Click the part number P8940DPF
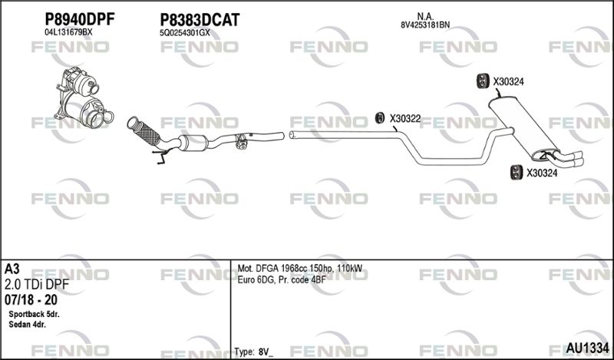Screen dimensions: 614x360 pos(80,19)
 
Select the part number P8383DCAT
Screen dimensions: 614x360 pos(200,20)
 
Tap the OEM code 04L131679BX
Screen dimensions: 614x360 pos(68,32)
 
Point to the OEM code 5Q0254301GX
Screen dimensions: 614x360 pos(185,33)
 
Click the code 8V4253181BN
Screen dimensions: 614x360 pos(425,25)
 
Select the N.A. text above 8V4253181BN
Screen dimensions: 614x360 pos(425,16)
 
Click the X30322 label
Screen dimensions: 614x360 pos(405,118)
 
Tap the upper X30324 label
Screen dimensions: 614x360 pos(508,82)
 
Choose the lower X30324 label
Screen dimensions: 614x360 pos(542,173)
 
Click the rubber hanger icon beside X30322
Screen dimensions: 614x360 pos(379,117)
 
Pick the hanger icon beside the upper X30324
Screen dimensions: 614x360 pos(482,81)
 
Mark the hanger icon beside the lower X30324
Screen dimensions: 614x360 pos(517,173)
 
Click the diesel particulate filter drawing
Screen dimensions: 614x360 pos(84,97)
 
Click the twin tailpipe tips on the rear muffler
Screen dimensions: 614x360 pos(570,158)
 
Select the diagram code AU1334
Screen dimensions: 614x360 pos(587,348)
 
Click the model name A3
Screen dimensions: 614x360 pos(12,269)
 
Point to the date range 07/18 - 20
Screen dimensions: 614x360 pos(31,300)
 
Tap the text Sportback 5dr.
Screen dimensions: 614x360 pos(34,315)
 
